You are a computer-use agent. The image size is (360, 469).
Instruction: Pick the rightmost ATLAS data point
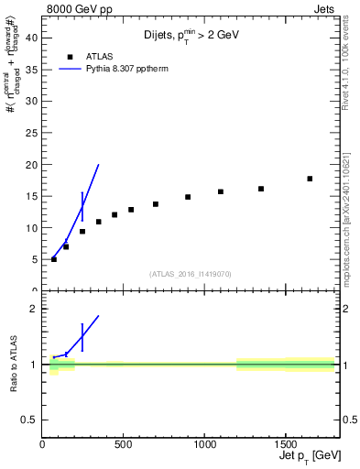(x=310, y=179)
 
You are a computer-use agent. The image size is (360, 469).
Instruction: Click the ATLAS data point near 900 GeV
(x=188, y=197)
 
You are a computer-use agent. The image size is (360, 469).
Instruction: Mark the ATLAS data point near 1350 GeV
(x=261, y=189)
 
